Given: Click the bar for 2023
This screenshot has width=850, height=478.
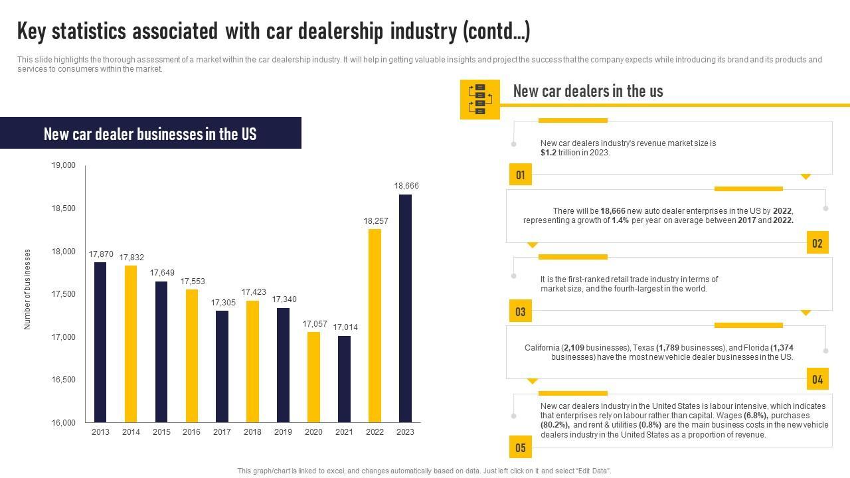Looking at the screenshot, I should [x=405, y=308].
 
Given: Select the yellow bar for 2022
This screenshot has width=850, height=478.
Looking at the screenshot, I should [x=375, y=325].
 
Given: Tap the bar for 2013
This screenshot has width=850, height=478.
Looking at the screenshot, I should [x=100, y=342].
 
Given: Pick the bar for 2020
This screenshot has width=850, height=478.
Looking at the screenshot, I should [x=313, y=376].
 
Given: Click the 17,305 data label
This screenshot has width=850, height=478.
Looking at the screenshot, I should [x=222, y=303].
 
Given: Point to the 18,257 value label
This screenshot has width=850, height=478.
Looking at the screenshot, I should [x=375, y=221].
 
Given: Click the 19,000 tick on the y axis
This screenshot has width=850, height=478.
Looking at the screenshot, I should [x=64, y=165].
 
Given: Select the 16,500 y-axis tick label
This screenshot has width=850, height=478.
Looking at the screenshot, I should [x=64, y=380].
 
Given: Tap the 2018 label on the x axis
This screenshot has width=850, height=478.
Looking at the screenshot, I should [x=252, y=432].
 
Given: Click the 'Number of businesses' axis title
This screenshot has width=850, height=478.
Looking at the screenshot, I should [x=28, y=289].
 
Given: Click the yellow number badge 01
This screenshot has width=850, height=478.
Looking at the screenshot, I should [x=521, y=175].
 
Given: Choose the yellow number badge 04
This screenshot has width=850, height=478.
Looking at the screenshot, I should [x=817, y=380].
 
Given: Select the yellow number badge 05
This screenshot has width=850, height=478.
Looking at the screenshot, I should [x=521, y=447].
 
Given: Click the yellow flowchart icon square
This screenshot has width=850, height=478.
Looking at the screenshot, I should [x=479, y=100].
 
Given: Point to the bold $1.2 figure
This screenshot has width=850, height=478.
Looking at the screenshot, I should [x=549, y=153].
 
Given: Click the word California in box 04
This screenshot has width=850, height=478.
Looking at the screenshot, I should [x=542, y=348].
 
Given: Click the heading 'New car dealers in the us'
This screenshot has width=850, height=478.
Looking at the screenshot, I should [x=588, y=92].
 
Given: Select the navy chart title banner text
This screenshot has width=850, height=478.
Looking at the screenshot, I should [x=150, y=134].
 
